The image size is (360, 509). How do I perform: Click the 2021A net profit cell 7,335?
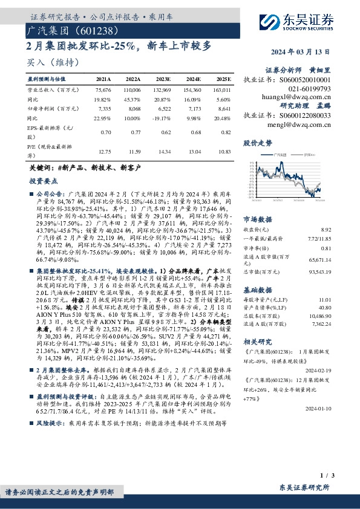pos(103,108)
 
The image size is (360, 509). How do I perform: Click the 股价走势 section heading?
pos(258,143)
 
